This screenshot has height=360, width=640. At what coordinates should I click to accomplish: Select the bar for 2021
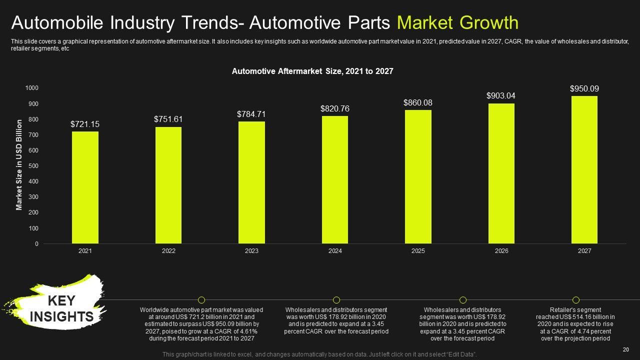[x=85, y=187]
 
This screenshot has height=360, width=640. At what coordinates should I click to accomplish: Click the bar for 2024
[x=335, y=180]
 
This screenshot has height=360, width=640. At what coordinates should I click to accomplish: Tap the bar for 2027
[x=584, y=170]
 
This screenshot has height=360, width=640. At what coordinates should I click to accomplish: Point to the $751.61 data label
[x=168, y=119]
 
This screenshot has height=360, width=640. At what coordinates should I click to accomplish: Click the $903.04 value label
[x=501, y=95]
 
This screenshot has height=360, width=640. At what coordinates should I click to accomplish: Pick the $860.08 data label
[x=418, y=102]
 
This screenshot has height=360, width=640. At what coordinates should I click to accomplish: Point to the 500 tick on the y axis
[x=32, y=166]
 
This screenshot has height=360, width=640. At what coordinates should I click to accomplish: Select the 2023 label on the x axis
[x=251, y=251]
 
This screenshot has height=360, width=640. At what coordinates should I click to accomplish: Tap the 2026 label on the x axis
[x=501, y=251]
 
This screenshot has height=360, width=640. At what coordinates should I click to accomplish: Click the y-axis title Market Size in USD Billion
[x=19, y=164]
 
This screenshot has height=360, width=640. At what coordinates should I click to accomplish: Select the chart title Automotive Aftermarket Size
[x=312, y=71]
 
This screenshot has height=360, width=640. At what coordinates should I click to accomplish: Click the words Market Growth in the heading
[x=457, y=23]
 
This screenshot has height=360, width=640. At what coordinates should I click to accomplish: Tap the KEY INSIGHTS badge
[x=61, y=308]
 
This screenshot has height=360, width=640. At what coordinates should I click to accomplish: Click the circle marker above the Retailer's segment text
[x=575, y=300]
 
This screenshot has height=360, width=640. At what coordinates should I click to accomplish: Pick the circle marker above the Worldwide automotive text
[x=201, y=300]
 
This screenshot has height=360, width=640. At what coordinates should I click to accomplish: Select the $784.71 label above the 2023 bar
[x=251, y=114]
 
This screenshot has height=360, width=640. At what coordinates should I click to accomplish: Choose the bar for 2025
[x=418, y=177]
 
